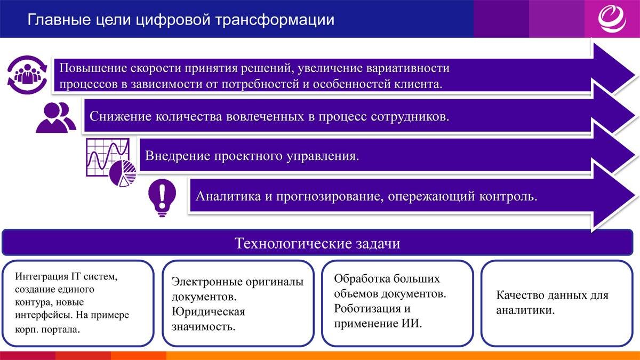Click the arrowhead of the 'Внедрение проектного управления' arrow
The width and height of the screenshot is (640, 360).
pyautogui.click(x=613, y=156)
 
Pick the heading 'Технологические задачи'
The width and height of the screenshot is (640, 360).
pyautogui.click(x=317, y=244)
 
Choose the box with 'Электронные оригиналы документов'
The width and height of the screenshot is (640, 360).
pyautogui.click(x=237, y=302)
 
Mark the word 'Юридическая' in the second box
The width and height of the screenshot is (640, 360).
pyautogui.click(x=208, y=311)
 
